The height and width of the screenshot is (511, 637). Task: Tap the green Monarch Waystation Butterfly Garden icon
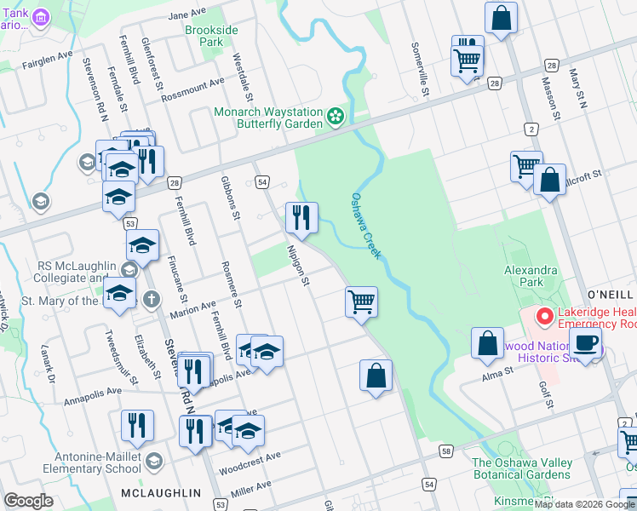click(x=336, y=115)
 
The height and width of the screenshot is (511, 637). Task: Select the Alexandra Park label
click(x=530, y=276)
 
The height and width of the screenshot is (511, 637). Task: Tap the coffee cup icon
click(x=585, y=342)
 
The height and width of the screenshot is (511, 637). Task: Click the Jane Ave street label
click(x=188, y=15)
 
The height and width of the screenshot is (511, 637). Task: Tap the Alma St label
click(x=498, y=371)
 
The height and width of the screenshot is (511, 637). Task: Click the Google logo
click(x=28, y=501)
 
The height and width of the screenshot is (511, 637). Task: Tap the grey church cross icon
click(x=151, y=299)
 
